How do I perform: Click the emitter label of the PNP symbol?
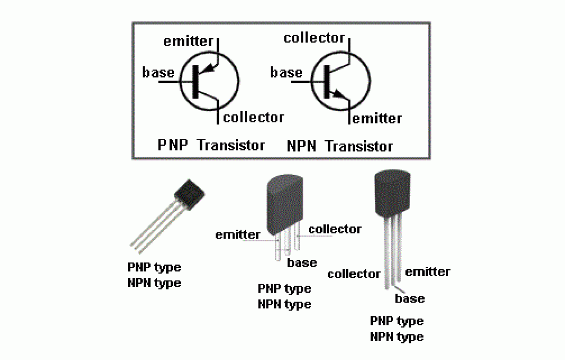pos(188,41)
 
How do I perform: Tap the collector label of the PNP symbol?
pos(253,117)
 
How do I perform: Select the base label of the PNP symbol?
pos(158,72)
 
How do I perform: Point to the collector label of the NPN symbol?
pos(314,38)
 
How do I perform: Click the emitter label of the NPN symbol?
pos(377,118)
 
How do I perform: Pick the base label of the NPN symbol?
pos(286,72)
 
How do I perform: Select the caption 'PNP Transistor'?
pos(211,145)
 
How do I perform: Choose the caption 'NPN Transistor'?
pos(339,146)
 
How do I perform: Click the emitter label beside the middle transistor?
pos(237,234)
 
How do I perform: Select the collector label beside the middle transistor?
pos(335,229)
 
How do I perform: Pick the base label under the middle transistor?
pos(302,263)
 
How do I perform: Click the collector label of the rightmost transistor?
pos(354,274)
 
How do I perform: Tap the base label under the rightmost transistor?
pos(409,298)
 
